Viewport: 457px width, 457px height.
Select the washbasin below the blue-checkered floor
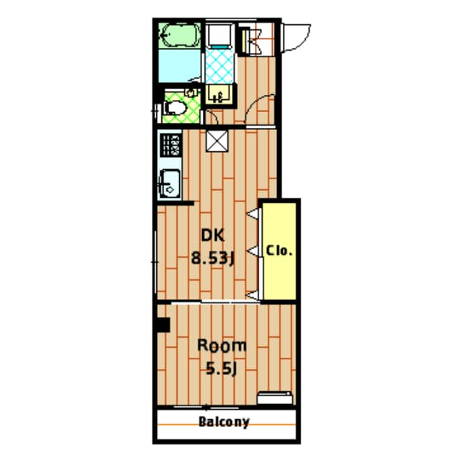[219, 94]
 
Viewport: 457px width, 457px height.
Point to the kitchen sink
[170, 184]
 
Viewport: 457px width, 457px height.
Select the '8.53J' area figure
[212, 258]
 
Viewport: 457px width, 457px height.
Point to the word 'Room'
[221, 346]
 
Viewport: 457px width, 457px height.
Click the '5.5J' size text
[221, 369]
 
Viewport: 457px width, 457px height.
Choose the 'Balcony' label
[224, 421]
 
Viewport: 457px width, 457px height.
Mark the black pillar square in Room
[162, 324]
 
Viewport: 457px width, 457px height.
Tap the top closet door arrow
[253, 212]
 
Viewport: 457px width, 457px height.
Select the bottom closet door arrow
[253, 293]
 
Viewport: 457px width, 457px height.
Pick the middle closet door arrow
[253, 249]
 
